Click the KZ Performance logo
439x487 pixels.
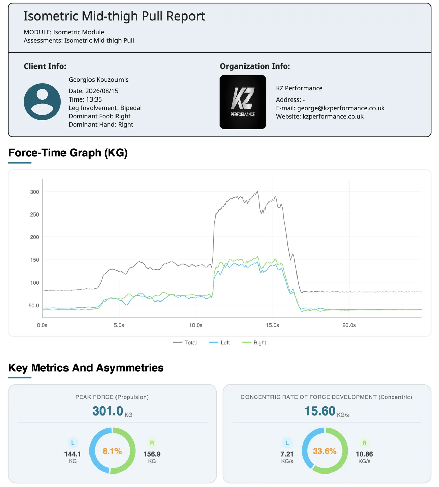(x=242, y=102)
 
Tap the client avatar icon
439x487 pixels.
(x=42, y=102)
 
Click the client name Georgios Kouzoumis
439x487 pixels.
(x=99, y=79)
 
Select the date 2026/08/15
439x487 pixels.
(x=102, y=91)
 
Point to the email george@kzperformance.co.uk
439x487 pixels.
(x=340, y=108)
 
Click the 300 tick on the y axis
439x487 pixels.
(x=34, y=192)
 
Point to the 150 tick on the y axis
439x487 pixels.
(x=34, y=260)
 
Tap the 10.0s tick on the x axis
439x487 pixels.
(x=196, y=325)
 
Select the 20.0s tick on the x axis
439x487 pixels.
(x=349, y=325)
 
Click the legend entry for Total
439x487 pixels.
(x=185, y=343)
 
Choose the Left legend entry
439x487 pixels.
(x=219, y=343)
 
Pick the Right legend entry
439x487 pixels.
(x=254, y=343)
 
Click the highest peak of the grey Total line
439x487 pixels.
(x=257, y=191)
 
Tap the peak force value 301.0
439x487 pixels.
(x=107, y=411)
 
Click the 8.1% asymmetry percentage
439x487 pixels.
(x=112, y=451)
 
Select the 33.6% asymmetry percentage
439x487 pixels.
(x=325, y=451)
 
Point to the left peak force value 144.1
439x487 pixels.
(x=73, y=454)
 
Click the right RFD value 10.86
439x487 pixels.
(x=364, y=454)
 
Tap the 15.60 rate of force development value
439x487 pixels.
(x=320, y=411)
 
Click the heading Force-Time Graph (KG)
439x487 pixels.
(x=68, y=153)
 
